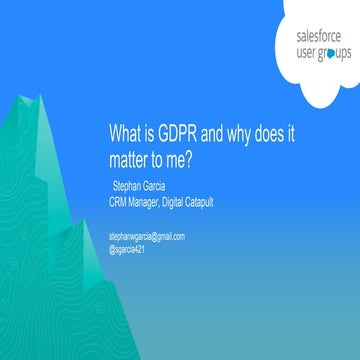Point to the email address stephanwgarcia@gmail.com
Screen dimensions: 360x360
click(x=147, y=236)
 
